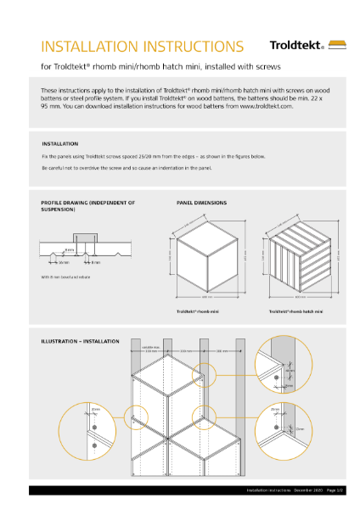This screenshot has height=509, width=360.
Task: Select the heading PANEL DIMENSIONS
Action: point(200,204)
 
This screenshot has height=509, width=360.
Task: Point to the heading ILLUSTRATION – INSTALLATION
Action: point(81,341)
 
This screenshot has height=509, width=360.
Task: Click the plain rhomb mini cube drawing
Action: point(205,255)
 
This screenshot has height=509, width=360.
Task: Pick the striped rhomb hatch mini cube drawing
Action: point(298,255)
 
